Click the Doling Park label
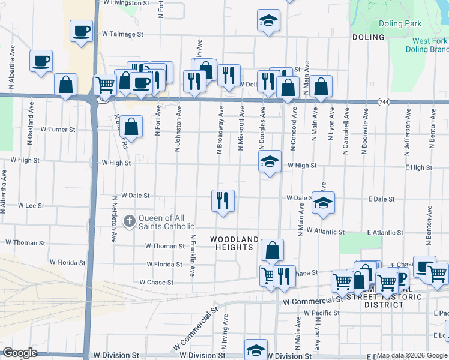[x=400, y=24]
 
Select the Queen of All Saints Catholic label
[x=166, y=222]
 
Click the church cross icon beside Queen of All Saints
[x=129, y=221]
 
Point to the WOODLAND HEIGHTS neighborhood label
[x=235, y=243]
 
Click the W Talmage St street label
[x=123, y=34]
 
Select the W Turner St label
[x=58, y=129]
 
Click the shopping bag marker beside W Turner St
[x=132, y=126]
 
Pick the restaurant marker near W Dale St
[x=223, y=201]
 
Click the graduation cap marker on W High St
[x=270, y=161]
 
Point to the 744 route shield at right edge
[x=383, y=103]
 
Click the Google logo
[x=20, y=353]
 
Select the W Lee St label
[x=31, y=205]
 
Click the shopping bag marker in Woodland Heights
[x=272, y=250]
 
